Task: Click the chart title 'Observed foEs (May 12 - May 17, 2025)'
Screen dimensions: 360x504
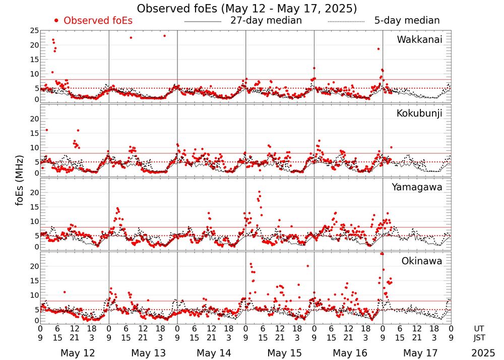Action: pyautogui.click(x=246, y=9)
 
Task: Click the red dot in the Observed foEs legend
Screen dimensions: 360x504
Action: pyautogui.click(x=56, y=21)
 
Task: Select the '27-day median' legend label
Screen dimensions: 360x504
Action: pyautogui.click(x=266, y=21)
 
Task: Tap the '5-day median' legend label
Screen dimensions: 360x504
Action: pyautogui.click(x=407, y=21)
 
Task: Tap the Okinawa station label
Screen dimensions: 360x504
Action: pyautogui.click(x=422, y=261)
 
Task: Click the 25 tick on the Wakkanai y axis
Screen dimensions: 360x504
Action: pyautogui.click(x=34, y=31)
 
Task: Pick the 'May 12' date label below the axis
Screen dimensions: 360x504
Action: pyautogui.click(x=75, y=353)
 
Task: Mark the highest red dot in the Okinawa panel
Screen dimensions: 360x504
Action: pyautogui.click(x=382, y=254)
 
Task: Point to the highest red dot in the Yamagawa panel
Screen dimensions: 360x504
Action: pyautogui.click(x=259, y=192)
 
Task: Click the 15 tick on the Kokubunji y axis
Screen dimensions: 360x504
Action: pyautogui.click(x=34, y=133)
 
